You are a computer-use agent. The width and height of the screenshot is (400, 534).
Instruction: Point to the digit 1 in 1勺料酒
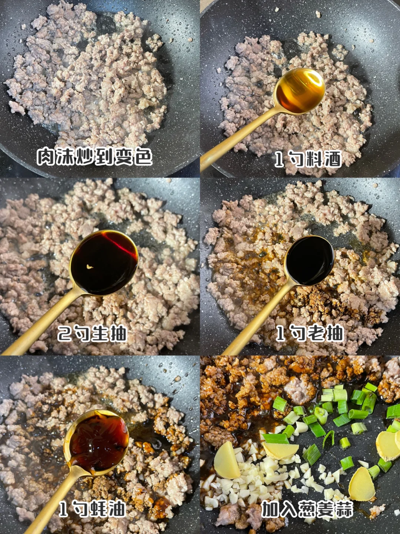279,159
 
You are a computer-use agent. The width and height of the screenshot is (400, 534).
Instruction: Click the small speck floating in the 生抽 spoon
90,267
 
